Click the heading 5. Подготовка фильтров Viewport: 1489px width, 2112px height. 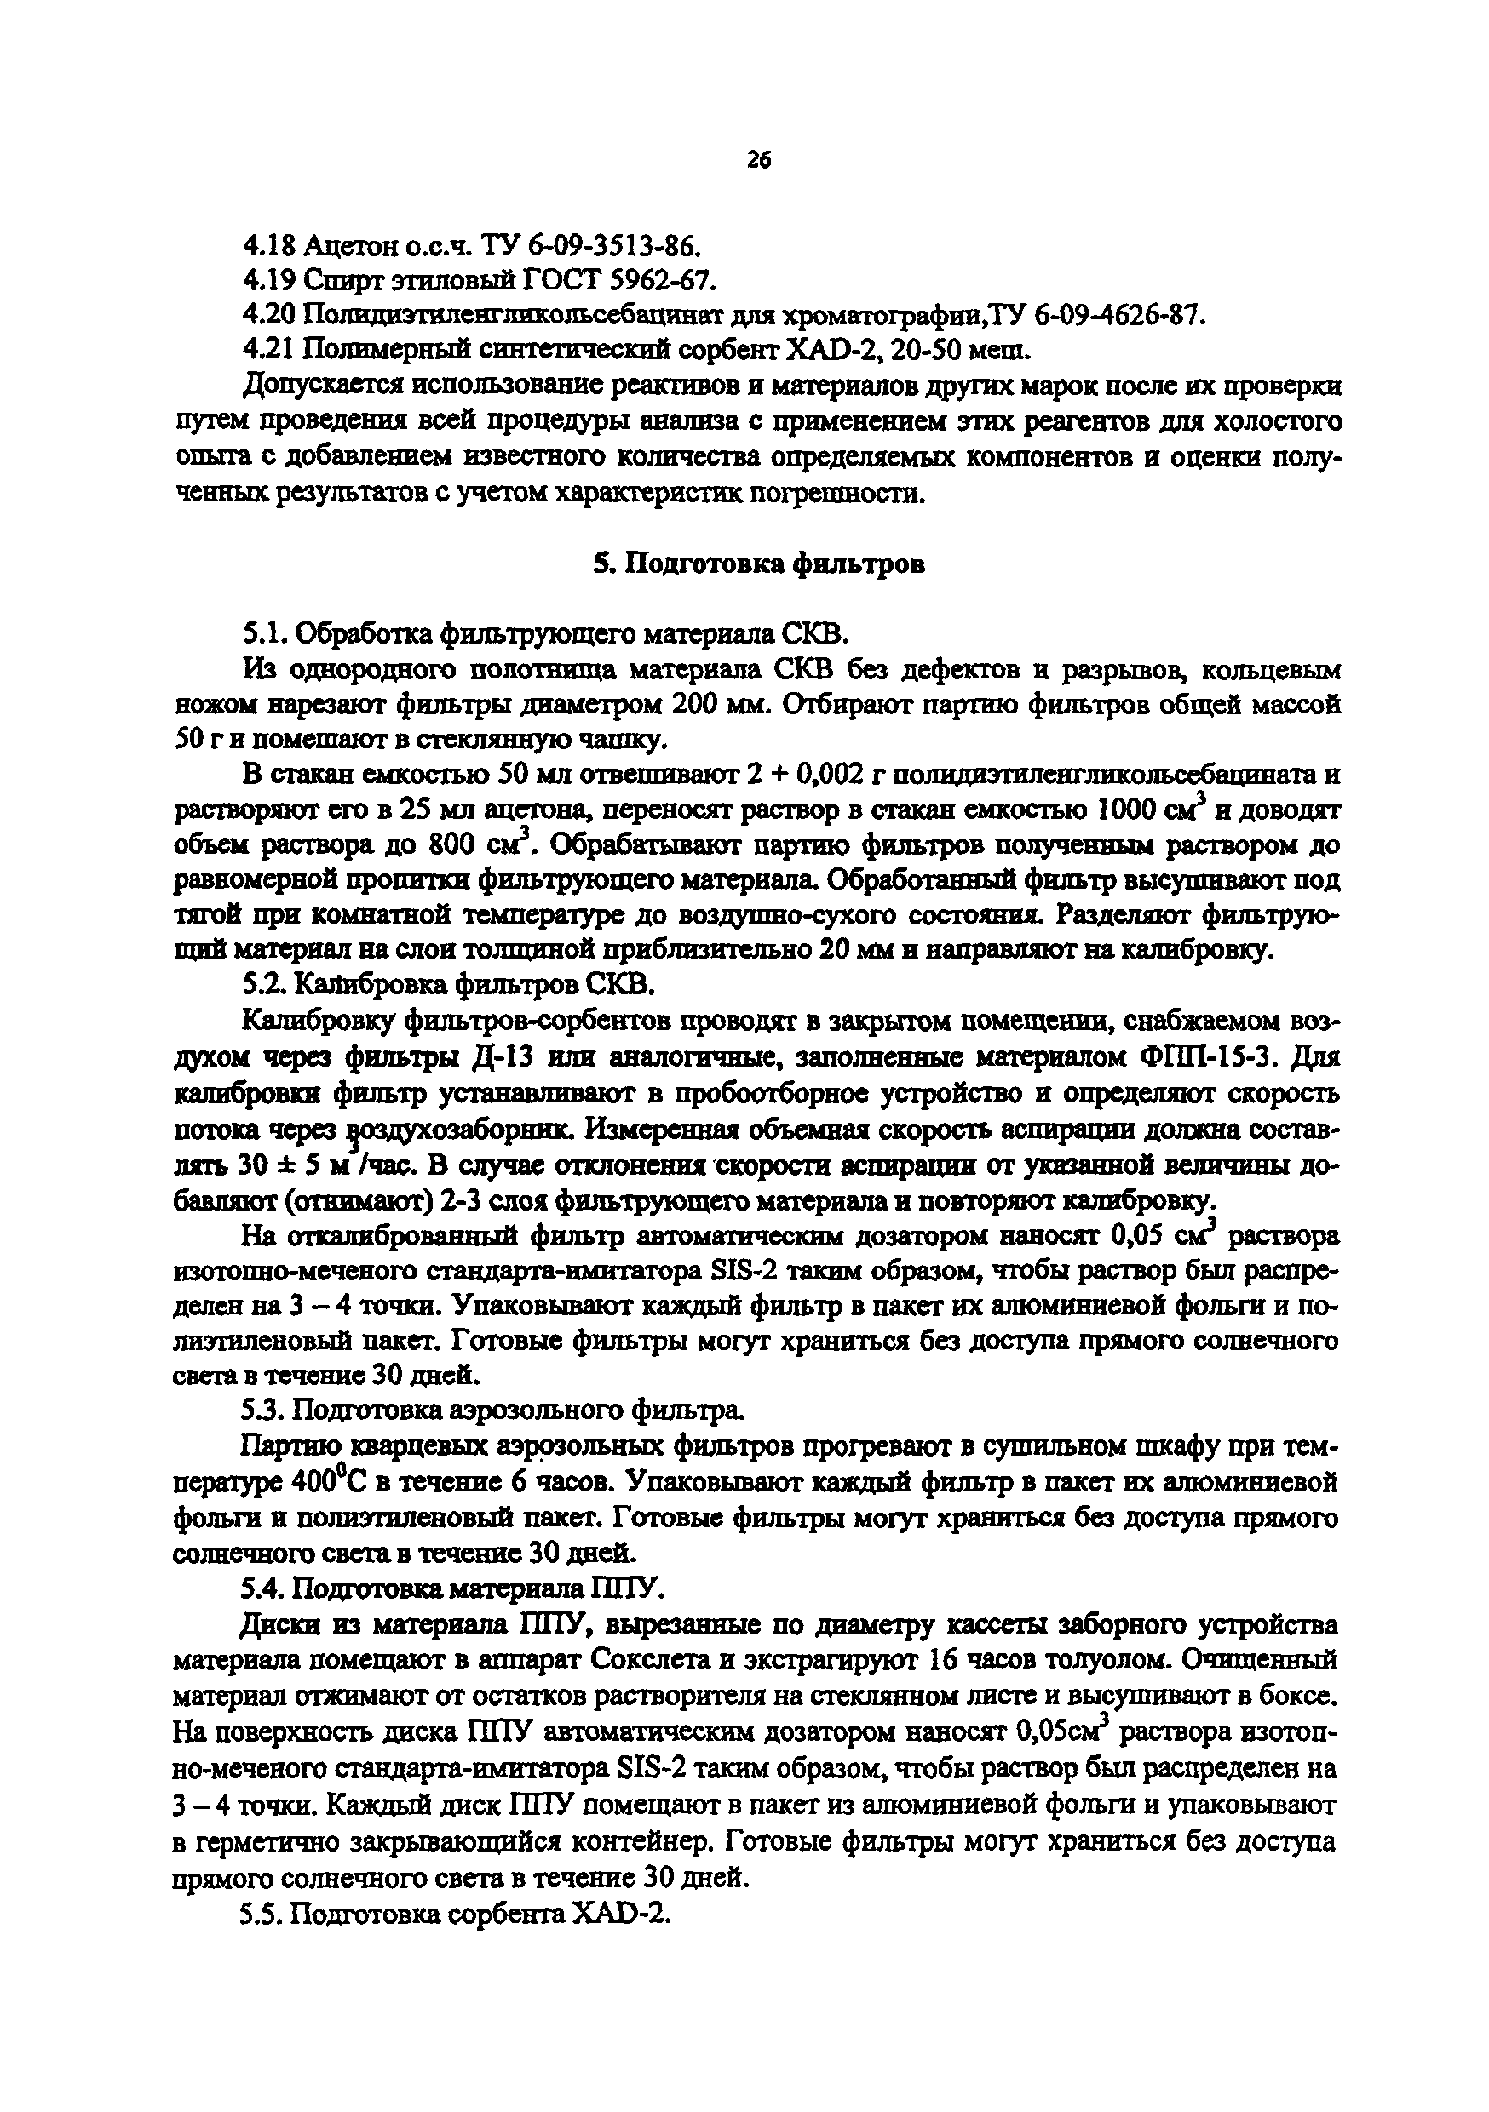pyautogui.click(x=758, y=564)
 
